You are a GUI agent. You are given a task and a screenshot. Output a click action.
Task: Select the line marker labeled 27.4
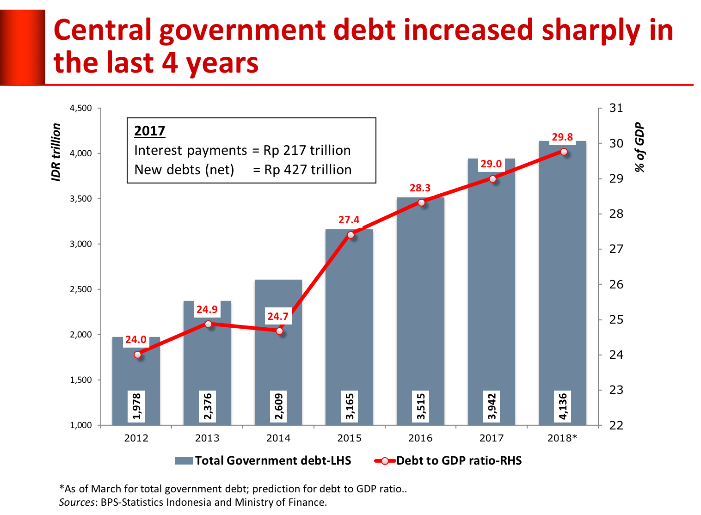click(350, 235)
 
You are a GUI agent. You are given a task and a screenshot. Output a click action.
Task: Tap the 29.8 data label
click(562, 137)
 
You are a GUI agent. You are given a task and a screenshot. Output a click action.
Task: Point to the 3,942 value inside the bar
click(492, 406)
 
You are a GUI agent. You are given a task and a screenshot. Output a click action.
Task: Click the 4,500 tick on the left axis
click(81, 108)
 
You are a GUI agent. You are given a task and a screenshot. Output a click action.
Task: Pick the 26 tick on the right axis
click(616, 284)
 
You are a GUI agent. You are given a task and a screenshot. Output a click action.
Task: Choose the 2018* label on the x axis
click(562, 438)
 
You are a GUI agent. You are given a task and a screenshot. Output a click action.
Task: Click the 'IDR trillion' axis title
click(56, 152)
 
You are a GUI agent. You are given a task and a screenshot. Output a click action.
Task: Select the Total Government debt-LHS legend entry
click(263, 460)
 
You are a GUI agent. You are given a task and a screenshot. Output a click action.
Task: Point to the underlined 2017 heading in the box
click(149, 131)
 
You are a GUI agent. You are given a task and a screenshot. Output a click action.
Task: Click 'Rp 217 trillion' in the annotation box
click(307, 151)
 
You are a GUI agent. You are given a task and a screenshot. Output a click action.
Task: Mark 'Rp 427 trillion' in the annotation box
click(308, 170)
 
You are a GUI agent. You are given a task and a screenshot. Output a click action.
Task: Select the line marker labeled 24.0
click(137, 355)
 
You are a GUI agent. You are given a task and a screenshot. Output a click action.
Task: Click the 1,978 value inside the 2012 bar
click(136, 406)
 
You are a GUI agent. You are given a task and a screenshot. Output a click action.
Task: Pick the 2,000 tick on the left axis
click(81, 335)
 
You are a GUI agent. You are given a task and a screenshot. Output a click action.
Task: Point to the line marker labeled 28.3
click(421, 203)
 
